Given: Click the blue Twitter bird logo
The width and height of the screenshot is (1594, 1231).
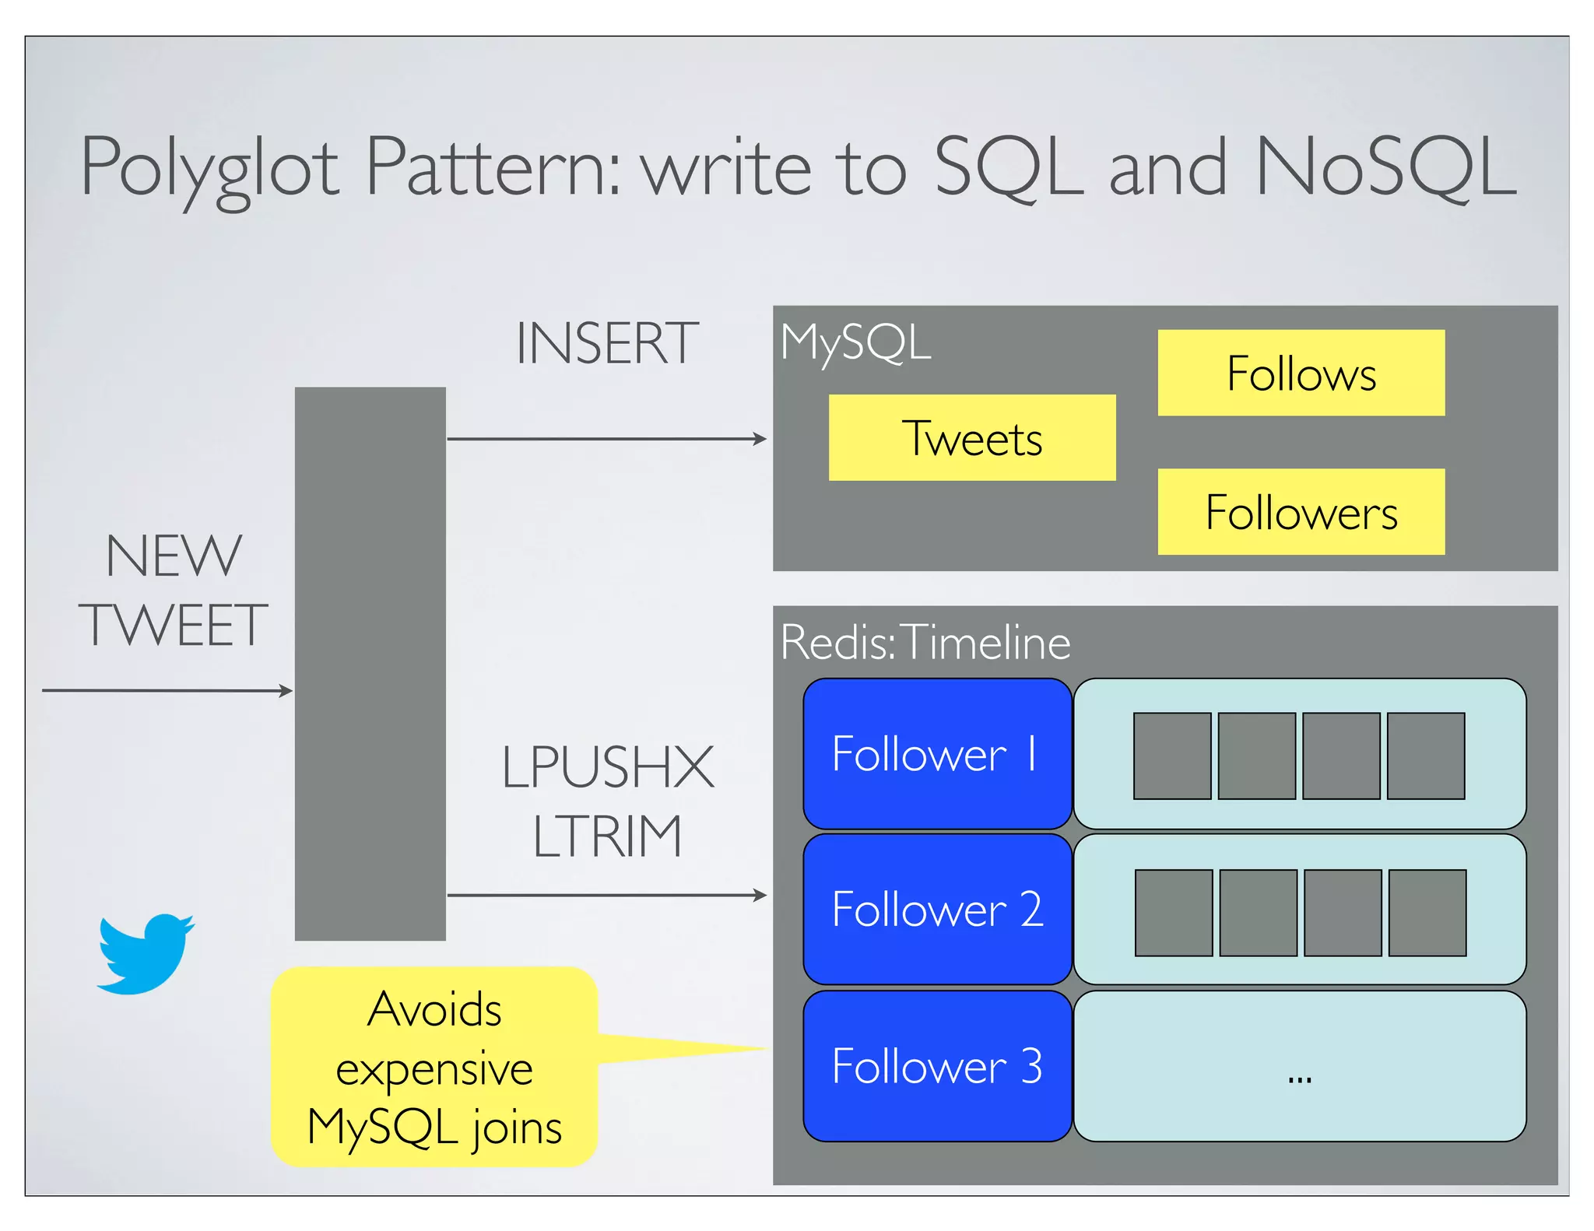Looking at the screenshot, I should coord(146,954).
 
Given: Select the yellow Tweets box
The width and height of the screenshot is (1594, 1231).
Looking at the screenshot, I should coord(971,438).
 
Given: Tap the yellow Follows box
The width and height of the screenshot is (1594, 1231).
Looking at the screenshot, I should coord(1301,374).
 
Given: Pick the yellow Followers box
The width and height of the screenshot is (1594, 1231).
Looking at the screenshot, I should coord(1301,512).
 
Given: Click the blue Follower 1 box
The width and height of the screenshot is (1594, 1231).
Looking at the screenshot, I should coord(937,754).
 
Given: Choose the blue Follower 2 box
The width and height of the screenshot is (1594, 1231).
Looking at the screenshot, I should coord(937,910).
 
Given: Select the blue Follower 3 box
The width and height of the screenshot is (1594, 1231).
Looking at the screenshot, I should coord(937,1066).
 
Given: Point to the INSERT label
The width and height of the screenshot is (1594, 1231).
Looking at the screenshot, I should coord(607,344).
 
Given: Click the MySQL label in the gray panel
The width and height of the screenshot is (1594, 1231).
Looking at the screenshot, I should coord(855,343).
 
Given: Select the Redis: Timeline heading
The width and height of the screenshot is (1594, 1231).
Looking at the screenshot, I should coord(925,644).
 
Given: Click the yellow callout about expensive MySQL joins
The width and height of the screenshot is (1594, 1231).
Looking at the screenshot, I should coord(434,1068).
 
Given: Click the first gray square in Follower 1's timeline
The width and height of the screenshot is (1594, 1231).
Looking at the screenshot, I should coord(1172,756).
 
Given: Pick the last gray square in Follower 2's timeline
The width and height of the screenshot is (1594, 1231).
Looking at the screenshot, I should coord(1427,914).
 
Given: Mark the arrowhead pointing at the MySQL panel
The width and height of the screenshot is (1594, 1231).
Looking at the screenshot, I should coord(760,439).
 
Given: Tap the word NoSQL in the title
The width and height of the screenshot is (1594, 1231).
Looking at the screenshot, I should coord(1385,167).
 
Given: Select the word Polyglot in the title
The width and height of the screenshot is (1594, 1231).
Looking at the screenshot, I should coord(210,167).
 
